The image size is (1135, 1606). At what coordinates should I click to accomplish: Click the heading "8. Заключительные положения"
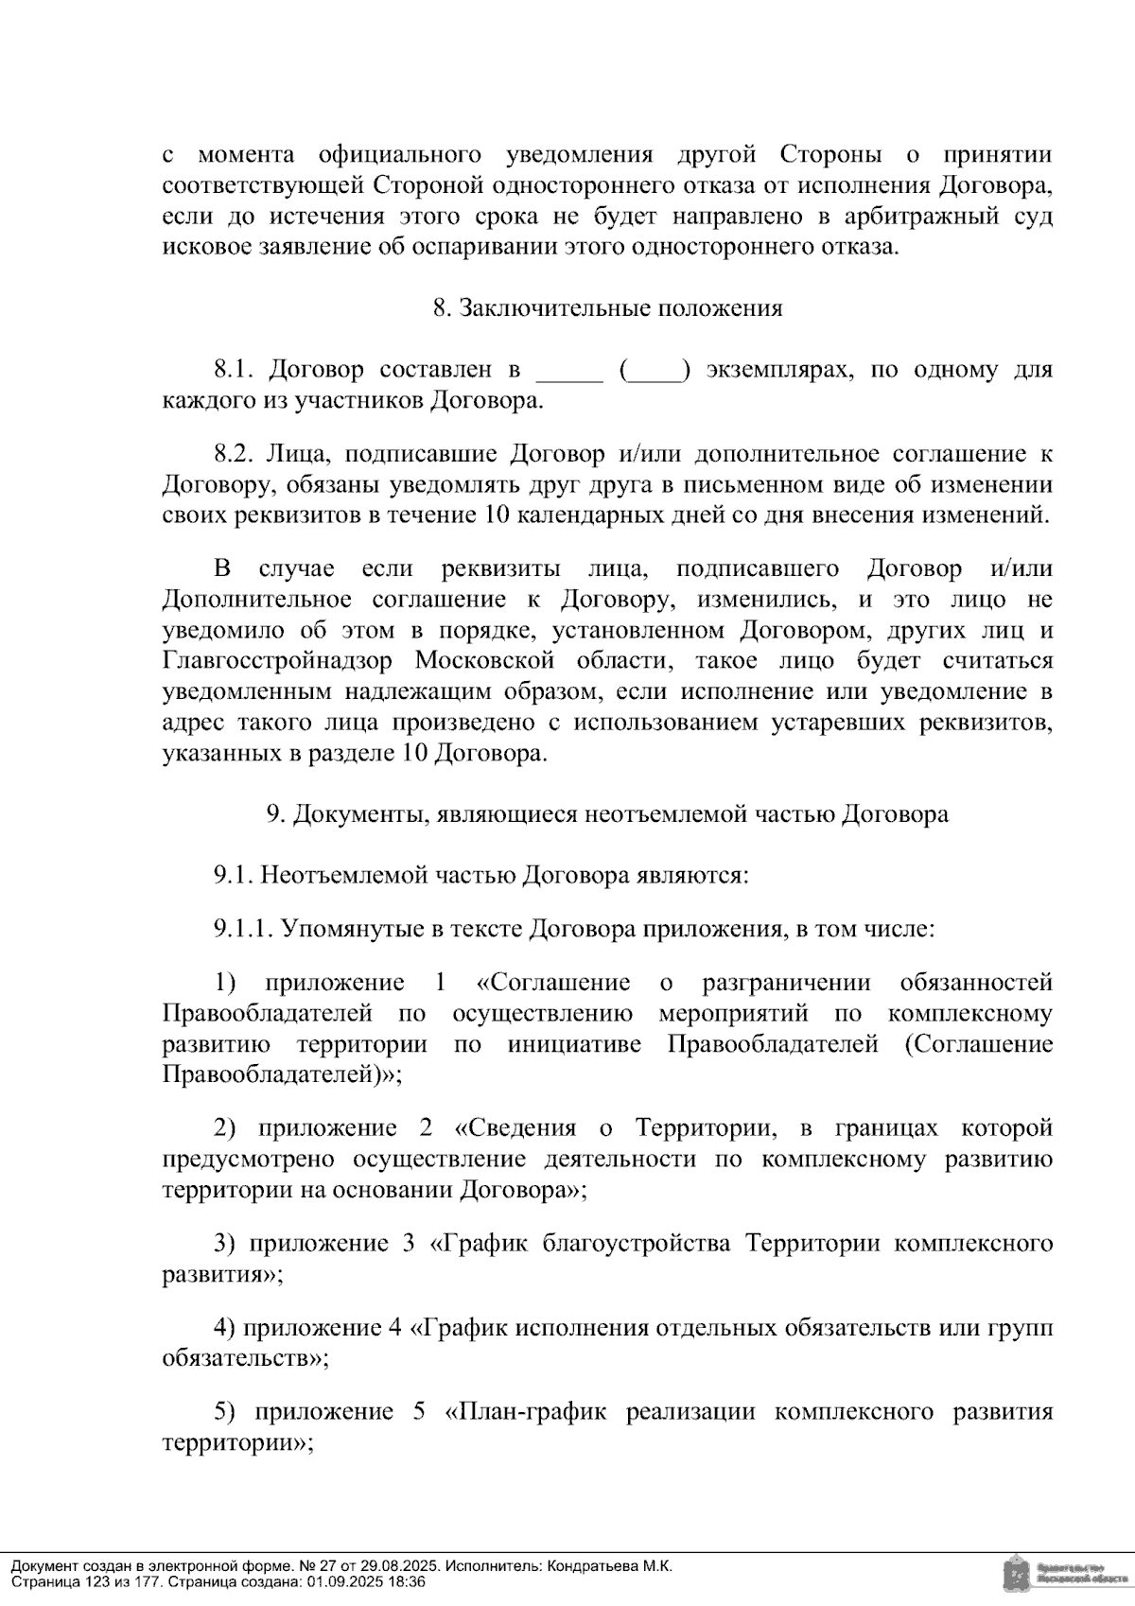[x=607, y=308]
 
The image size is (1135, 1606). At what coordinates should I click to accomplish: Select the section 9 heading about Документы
[x=607, y=814]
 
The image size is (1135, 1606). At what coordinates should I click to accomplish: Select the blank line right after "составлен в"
[x=569, y=373]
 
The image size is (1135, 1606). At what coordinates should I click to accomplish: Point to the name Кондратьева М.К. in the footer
[x=610, y=1565]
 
